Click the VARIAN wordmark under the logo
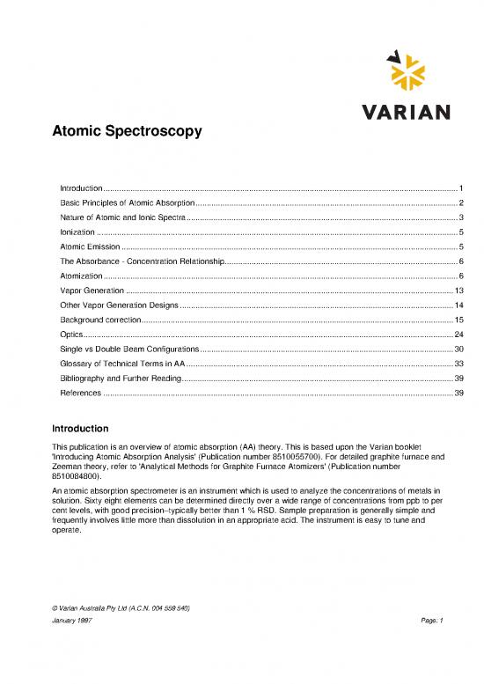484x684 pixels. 407,113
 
